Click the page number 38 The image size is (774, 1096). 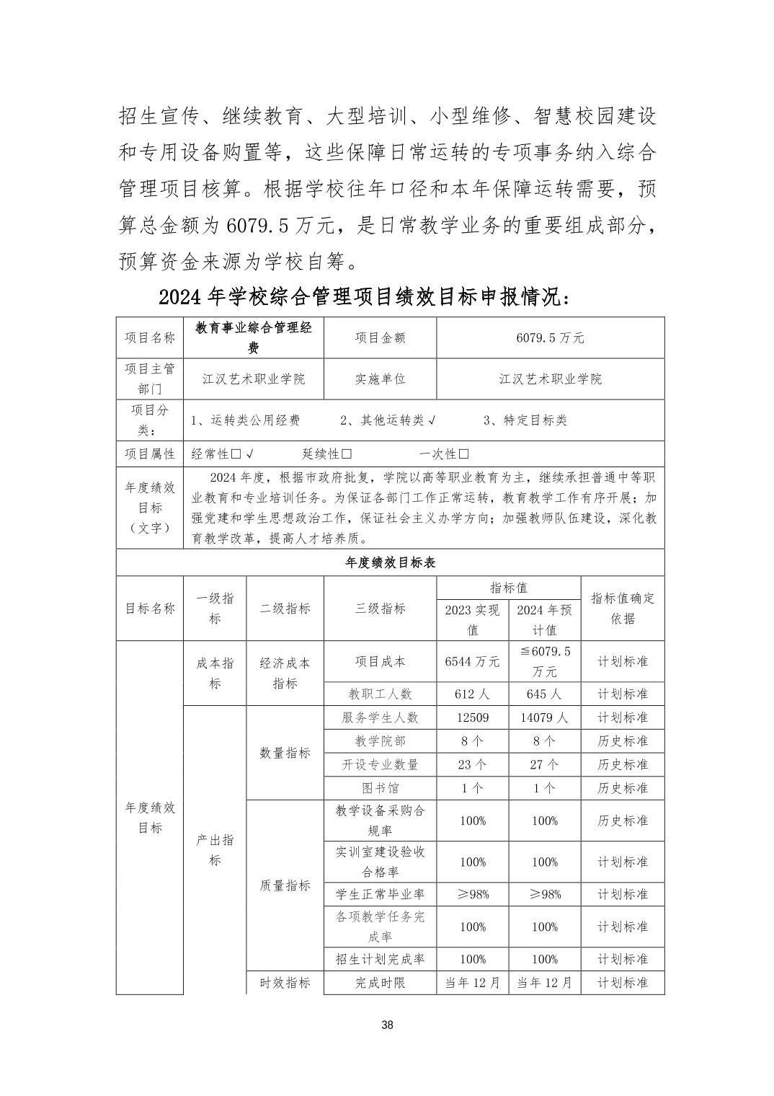coord(387,1025)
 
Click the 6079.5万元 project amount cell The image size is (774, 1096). coord(550,337)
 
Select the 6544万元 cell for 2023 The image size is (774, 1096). coord(472,661)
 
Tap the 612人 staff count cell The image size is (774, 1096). coord(472,694)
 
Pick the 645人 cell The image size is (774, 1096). coord(544,694)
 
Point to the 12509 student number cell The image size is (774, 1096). coord(472,717)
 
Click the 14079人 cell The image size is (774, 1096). coord(544,717)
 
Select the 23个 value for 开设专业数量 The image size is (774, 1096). coord(472,764)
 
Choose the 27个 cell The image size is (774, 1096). coord(544,764)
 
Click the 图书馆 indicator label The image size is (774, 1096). coord(380,788)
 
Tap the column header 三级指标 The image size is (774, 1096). coord(380,609)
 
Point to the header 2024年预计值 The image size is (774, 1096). coord(544,619)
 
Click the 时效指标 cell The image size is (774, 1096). coord(285,982)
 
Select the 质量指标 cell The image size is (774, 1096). coord(285,885)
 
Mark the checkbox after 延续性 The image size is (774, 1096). coord(347,454)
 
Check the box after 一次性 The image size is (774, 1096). coord(463,454)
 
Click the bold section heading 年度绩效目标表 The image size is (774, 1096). coord(390,562)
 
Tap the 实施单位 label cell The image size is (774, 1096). coord(380,379)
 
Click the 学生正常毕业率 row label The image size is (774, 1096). coord(380,894)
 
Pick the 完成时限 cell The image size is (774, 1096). coord(380,982)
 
